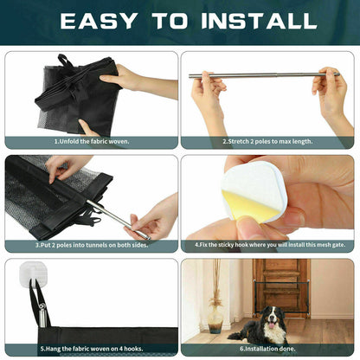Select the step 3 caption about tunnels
(92, 245)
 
